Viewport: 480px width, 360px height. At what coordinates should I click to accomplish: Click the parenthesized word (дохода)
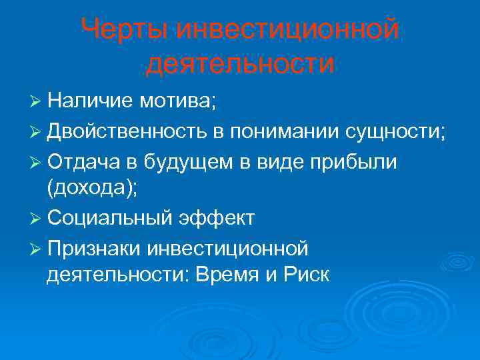(92, 189)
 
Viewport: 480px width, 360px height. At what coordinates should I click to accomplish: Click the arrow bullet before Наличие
(37, 102)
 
